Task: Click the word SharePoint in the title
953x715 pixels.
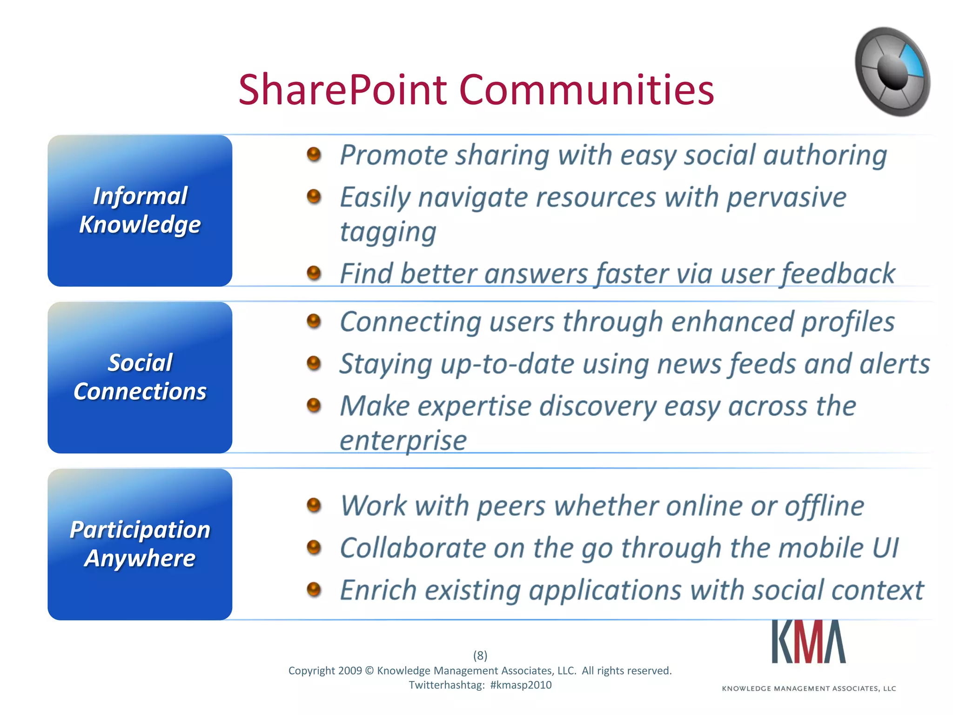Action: [x=342, y=90]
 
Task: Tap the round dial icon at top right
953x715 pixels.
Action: [x=892, y=71]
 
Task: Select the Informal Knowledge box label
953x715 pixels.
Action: [x=140, y=210]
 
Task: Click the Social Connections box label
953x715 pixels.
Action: [x=140, y=377]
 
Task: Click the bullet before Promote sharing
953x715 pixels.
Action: [x=314, y=154]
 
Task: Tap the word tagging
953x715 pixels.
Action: [x=388, y=232]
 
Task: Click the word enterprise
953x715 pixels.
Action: [x=403, y=440]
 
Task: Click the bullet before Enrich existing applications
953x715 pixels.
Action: [x=314, y=589]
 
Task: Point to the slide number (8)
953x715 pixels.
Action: [x=480, y=655]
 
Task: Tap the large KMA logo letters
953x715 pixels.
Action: [x=808, y=642]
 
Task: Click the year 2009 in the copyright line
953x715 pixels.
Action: [x=350, y=671]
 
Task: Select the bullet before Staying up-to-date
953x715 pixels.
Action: [x=314, y=363]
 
